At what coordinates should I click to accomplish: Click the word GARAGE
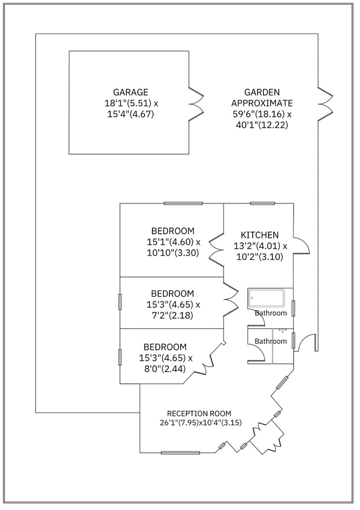coord(131,92)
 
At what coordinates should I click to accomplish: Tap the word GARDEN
coord(262,92)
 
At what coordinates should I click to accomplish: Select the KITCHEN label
coord(260,235)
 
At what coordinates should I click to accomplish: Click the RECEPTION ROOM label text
coord(199,413)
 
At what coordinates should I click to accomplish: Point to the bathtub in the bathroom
coord(266,298)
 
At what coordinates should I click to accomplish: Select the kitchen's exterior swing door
coord(301,244)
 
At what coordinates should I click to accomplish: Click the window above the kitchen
coord(263,203)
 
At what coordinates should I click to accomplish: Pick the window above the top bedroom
coord(183,203)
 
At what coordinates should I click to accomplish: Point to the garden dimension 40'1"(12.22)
coord(262,125)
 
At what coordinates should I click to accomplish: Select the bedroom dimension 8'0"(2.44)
coord(165,369)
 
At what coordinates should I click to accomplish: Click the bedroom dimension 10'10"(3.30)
coord(173,253)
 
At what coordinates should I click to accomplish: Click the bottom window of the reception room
coord(180,453)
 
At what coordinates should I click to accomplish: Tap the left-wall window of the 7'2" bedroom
coord(120,302)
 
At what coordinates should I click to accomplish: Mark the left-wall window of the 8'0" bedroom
coord(120,357)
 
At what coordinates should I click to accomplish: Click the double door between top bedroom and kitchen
coord(216,250)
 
